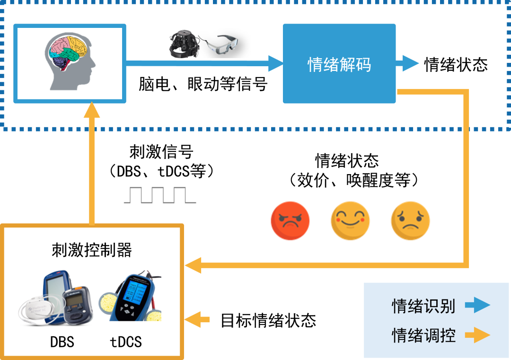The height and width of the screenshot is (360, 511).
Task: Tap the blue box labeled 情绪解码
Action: click(x=339, y=64)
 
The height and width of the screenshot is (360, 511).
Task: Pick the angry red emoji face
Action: click(x=290, y=220)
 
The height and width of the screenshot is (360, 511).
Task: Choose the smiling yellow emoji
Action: click(x=350, y=220)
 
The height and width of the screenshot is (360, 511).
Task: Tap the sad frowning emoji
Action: click(x=410, y=220)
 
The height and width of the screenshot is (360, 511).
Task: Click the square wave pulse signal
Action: click(x=159, y=196)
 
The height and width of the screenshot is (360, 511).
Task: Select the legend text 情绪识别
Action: click(x=423, y=306)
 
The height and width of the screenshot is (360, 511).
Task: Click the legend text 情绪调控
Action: click(x=423, y=335)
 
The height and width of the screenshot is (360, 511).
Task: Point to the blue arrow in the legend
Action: click(x=477, y=306)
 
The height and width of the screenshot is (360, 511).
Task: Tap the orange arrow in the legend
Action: click(x=477, y=335)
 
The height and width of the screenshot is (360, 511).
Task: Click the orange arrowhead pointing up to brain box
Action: click(x=91, y=111)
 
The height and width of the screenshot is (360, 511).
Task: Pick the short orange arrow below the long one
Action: click(x=196, y=320)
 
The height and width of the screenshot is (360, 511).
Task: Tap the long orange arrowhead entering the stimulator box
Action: click(x=193, y=265)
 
